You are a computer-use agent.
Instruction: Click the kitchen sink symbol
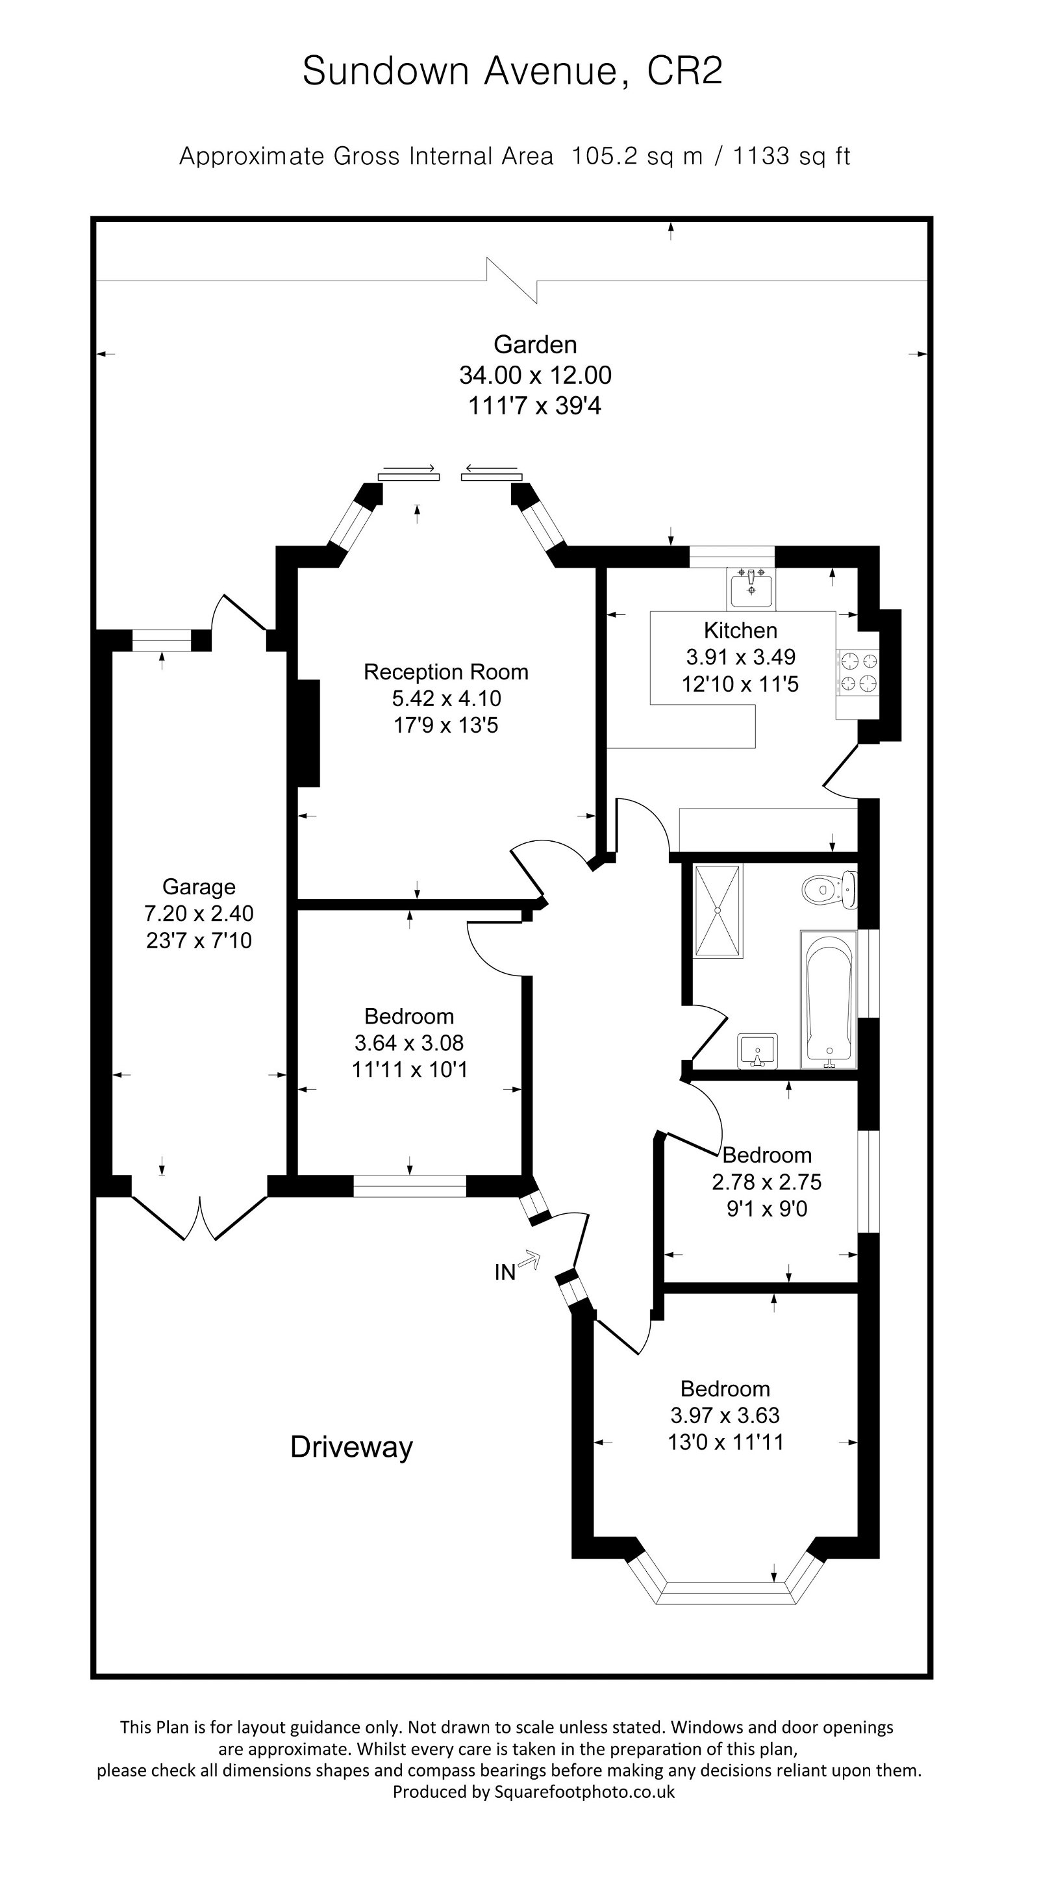tap(750, 588)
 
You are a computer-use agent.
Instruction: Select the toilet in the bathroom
tap(829, 889)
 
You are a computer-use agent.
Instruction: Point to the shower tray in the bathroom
tap(718, 911)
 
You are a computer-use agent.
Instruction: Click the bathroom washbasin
tap(758, 1051)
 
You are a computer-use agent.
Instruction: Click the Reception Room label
tap(445, 672)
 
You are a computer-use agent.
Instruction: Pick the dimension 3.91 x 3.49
tap(740, 657)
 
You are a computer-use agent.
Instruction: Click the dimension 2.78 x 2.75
tap(766, 1181)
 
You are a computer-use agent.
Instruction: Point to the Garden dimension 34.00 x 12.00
tap(534, 375)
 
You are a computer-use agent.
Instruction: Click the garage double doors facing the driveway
tap(199, 1217)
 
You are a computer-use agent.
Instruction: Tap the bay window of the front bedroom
tap(725, 1593)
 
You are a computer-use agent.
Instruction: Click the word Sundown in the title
tap(385, 71)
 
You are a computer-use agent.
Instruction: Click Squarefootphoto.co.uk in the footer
tap(584, 1791)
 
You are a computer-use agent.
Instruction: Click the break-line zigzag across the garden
tap(512, 280)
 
